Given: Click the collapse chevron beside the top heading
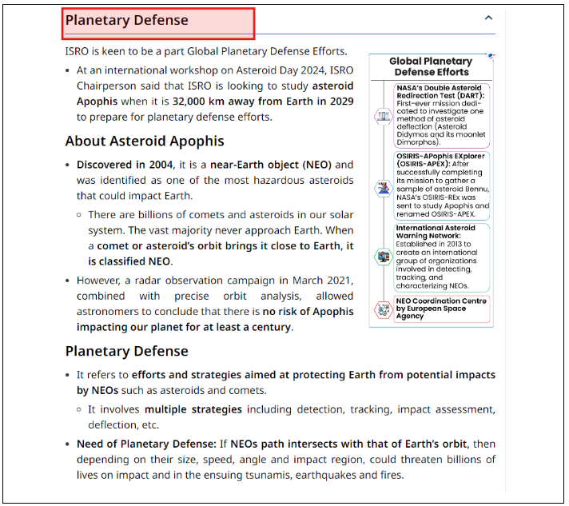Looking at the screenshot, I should (489, 18).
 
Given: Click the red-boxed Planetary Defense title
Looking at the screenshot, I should (128, 20).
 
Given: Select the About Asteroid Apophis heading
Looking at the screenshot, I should (145, 141).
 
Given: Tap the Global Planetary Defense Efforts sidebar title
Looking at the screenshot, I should (430, 66).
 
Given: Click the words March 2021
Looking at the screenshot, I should (327, 281).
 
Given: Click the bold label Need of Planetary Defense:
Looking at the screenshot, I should (146, 444).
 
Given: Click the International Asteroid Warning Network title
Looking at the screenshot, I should (436, 231).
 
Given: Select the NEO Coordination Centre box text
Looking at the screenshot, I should (441, 308).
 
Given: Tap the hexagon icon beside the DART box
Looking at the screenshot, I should (384, 116).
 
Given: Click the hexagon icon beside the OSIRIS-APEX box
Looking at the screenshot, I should (384, 189).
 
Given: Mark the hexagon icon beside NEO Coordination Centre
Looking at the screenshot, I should (384, 309).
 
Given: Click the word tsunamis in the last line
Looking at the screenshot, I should (269, 475).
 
